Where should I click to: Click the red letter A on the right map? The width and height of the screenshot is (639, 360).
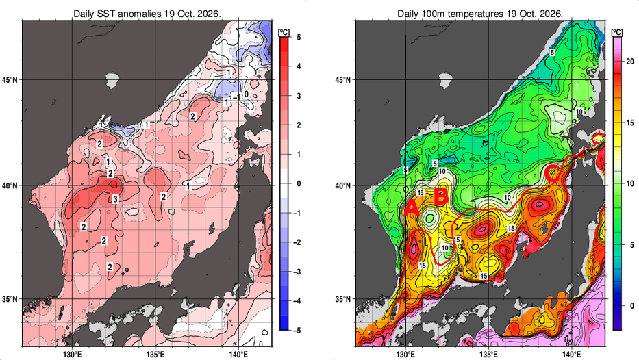click(x=412, y=209)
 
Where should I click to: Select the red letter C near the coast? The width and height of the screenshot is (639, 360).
click(x=553, y=172)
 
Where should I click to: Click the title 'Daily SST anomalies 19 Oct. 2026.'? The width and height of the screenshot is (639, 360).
click(x=147, y=14)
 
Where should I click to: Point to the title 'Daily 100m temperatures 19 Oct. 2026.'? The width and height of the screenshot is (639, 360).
click(x=480, y=14)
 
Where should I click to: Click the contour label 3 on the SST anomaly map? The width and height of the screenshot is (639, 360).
click(x=115, y=199)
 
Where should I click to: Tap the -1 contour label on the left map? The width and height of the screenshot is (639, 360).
click(x=235, y=97)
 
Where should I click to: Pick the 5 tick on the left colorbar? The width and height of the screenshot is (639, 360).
click(x=299, y=38)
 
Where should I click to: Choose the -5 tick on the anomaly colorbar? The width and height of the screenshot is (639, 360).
click(x=297, y=331)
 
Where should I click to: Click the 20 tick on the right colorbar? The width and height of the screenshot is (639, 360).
click(x=630, y=62)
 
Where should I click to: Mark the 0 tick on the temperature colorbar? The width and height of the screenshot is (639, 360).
click(x=631, y=306)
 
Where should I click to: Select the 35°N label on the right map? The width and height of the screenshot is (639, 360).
click(x=342, y=299)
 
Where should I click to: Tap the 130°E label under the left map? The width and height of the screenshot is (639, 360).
click(x=73, y=355)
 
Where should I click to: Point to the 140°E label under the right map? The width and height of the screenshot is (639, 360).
click(x=571, y=355)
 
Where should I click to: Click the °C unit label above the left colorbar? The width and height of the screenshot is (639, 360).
click(x=284, y=33)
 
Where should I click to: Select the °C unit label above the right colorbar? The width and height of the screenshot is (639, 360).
click(x=617, y=33)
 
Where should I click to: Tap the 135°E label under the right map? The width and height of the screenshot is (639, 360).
click(x=488, y=355)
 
